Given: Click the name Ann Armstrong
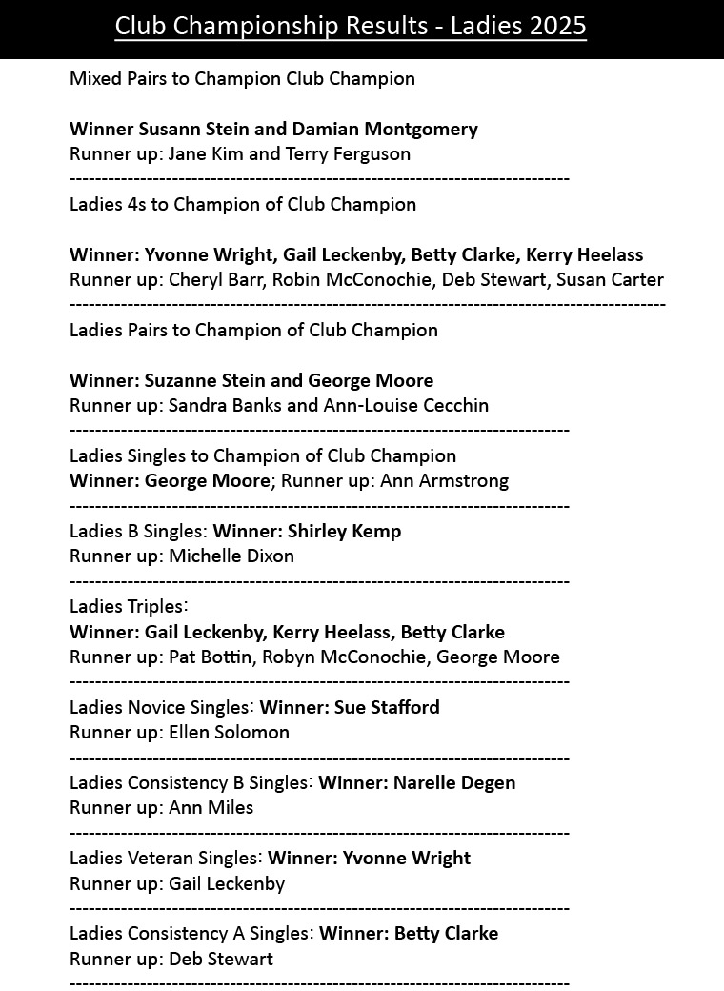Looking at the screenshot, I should (x=445, y=480).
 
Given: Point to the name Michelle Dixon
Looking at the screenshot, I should (x=231, y=556).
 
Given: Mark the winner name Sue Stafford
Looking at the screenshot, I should (x=387, y=707).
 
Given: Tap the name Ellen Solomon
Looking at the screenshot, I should (x=229, y=732).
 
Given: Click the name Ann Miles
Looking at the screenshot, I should (x=211, y=807).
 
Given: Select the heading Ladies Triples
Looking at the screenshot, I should (x=129, y=606).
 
